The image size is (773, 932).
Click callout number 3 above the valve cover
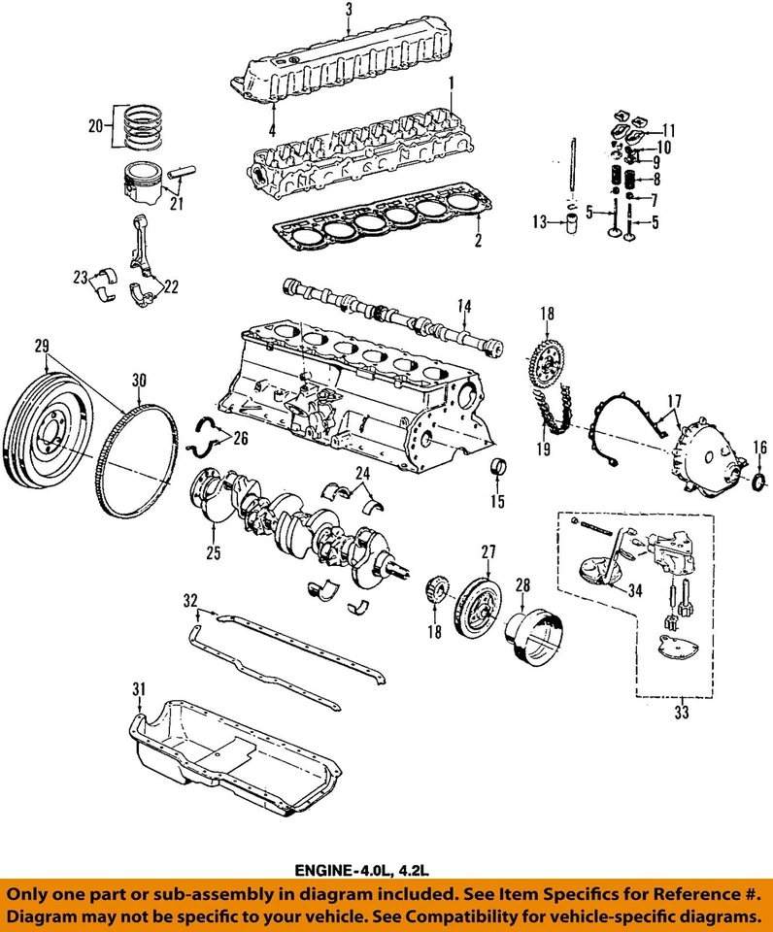349,11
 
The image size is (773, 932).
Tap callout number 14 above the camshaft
465,307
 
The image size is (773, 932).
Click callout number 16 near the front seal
759,446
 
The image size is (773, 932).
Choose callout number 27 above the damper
487,550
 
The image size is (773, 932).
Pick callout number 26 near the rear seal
240,439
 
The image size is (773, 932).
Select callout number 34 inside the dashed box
635,588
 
